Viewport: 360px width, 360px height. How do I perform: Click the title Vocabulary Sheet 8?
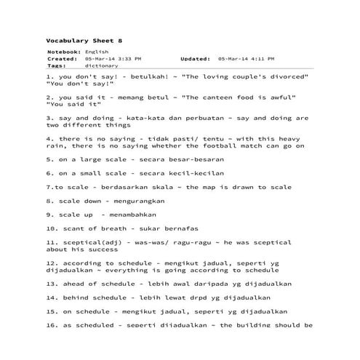[x=75, y=41]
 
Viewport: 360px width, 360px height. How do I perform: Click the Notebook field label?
[x=64, y=52]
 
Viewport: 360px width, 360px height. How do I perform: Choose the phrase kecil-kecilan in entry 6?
[x=196, y=173]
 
